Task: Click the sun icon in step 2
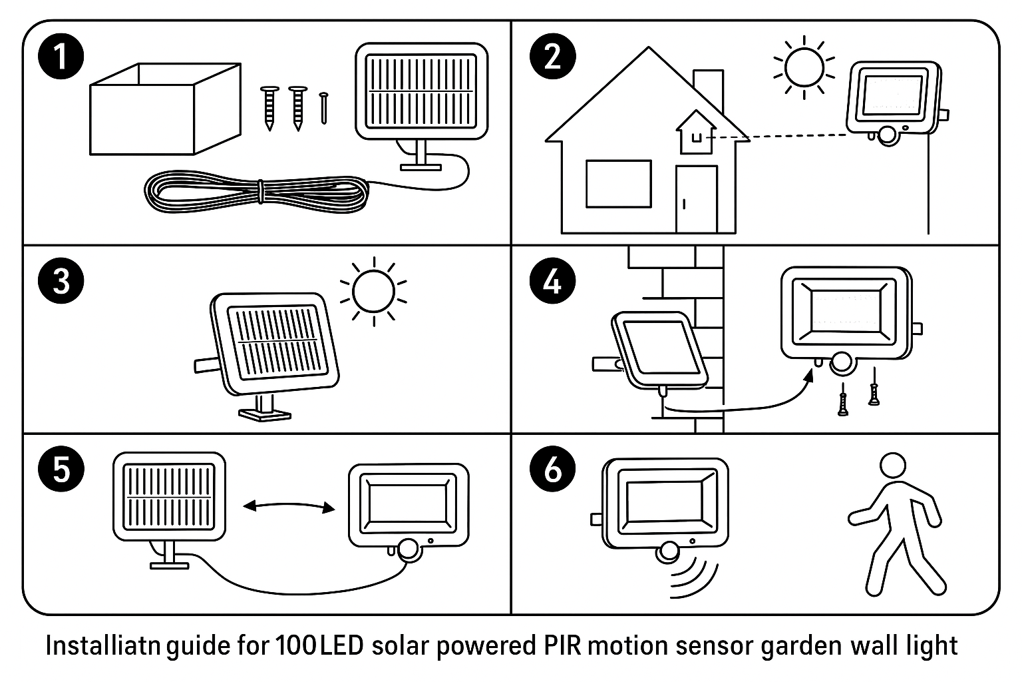(x=804, y=67)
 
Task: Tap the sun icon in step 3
(x=373, y=291)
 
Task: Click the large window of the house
(x=618, y=184)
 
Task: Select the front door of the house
(x=697, y=199)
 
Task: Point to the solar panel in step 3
(x=274, y=346)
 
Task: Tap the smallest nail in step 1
(x=324, y=107)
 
